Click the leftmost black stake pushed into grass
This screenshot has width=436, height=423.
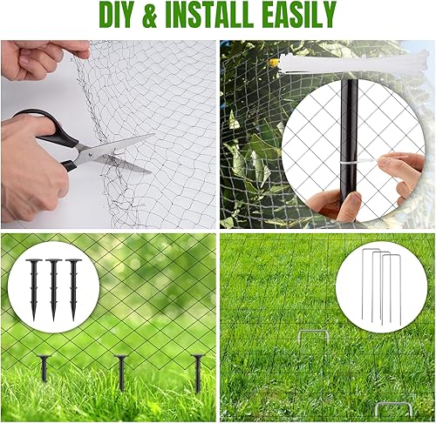(x=44, y=367)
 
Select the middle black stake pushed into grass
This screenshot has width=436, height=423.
(x=120, y=371)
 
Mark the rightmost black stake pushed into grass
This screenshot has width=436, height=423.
(x=197, y=372)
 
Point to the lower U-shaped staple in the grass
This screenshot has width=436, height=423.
(x=392, y=407)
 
